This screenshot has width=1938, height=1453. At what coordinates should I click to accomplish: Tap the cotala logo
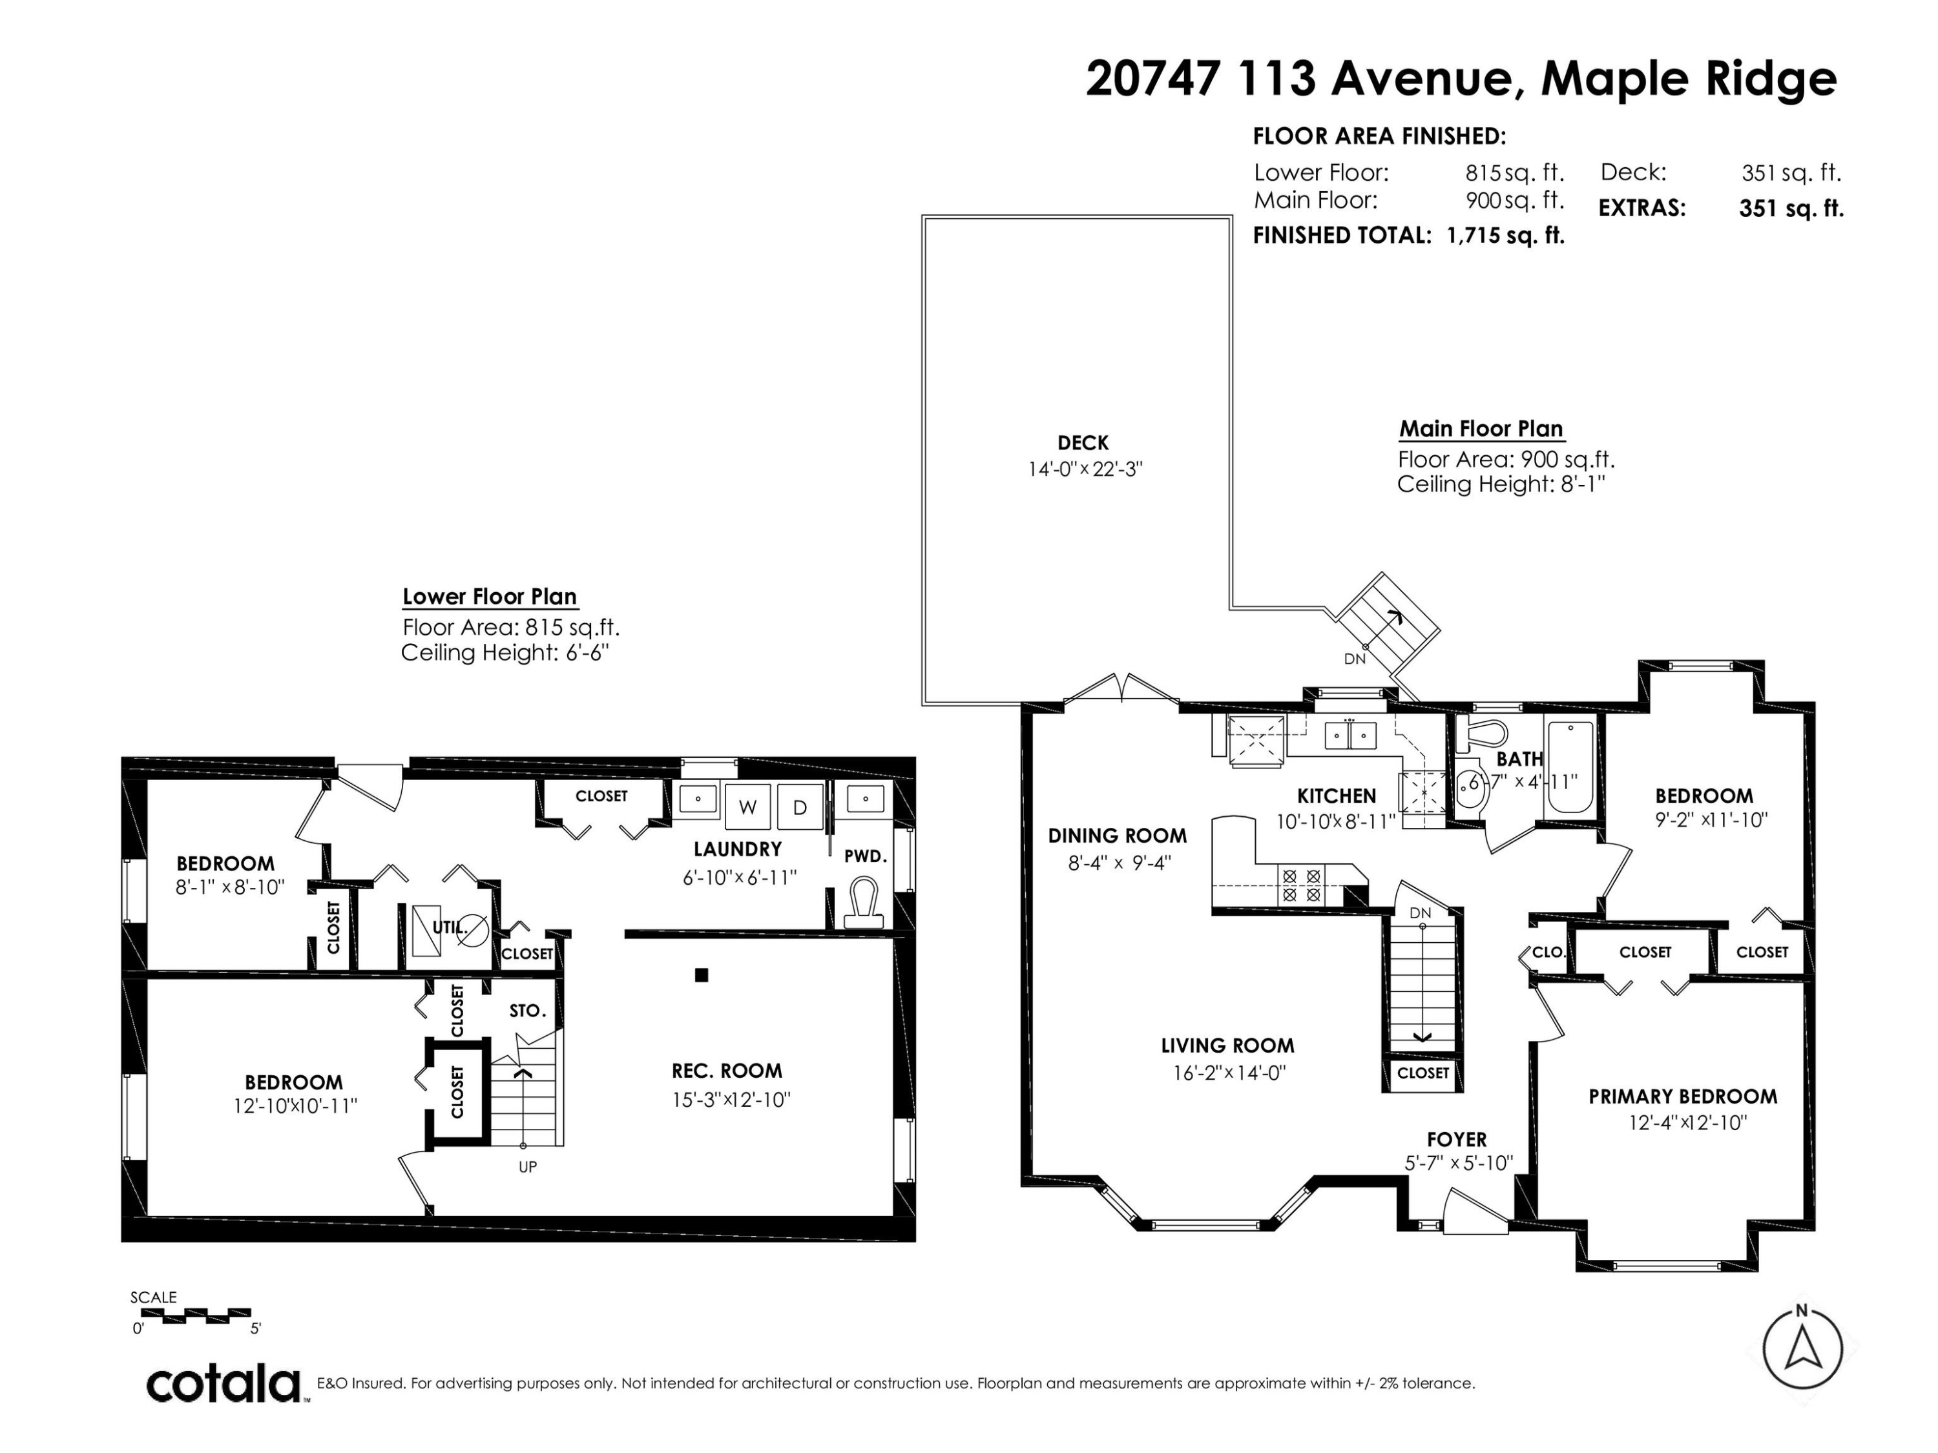(224, 1385)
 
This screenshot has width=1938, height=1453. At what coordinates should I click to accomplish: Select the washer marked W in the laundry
(747, 807)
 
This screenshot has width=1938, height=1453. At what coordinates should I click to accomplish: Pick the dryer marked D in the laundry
(800, 807)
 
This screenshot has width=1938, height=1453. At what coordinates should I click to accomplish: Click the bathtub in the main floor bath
(1571, 768)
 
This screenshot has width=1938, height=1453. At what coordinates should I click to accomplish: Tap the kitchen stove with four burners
(1300, 885)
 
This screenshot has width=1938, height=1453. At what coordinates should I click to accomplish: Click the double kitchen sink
(1349, 735)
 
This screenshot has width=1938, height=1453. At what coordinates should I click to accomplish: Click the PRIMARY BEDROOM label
(1683, 1097)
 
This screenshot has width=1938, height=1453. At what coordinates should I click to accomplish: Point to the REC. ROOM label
(727, 1071)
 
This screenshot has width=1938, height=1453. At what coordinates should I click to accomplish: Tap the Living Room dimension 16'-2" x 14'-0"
(1228, 1073)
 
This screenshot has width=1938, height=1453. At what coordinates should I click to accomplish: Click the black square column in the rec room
(701, 974)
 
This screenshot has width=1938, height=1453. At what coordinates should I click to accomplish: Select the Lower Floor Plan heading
(490, 597)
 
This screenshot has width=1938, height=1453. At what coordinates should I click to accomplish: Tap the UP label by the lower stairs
(527, 1167)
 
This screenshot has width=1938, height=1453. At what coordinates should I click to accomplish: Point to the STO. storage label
(527, 1011)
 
